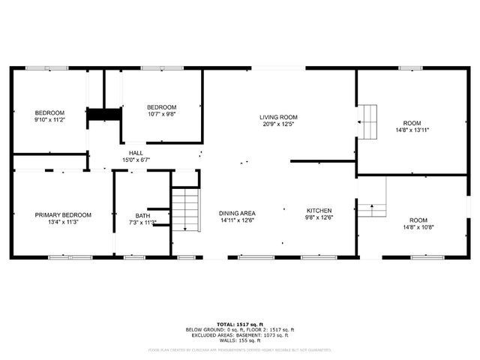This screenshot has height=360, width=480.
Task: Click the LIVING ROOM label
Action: (279, 117)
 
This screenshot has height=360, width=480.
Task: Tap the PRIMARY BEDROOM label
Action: (63, 214)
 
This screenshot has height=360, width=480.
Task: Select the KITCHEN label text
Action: (319, 211)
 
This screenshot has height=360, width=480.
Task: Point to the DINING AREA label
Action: (237, 211)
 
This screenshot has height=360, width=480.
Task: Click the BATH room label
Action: (142, 216)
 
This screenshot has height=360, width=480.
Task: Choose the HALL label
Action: (136, 152)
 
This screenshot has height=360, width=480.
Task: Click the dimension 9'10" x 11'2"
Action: (50, 120)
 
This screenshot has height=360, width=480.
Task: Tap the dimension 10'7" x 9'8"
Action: (161, 114)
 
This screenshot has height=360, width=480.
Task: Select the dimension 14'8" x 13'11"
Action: (412, 129)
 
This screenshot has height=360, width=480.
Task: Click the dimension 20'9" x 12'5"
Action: (279, 124)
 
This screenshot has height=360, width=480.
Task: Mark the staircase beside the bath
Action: (187, 209)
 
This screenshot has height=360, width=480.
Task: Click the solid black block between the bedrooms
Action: (104, 114)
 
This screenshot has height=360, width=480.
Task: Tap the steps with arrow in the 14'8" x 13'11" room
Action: (368, 122)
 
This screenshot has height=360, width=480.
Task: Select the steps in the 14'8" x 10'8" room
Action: (370, 208)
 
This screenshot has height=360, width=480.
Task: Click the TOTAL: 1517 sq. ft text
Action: (239, 323)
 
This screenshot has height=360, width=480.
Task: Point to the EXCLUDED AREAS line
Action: (239, 334)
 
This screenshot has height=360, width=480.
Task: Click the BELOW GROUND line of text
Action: (239, 329)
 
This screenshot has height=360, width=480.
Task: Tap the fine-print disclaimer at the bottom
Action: (239, 349)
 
